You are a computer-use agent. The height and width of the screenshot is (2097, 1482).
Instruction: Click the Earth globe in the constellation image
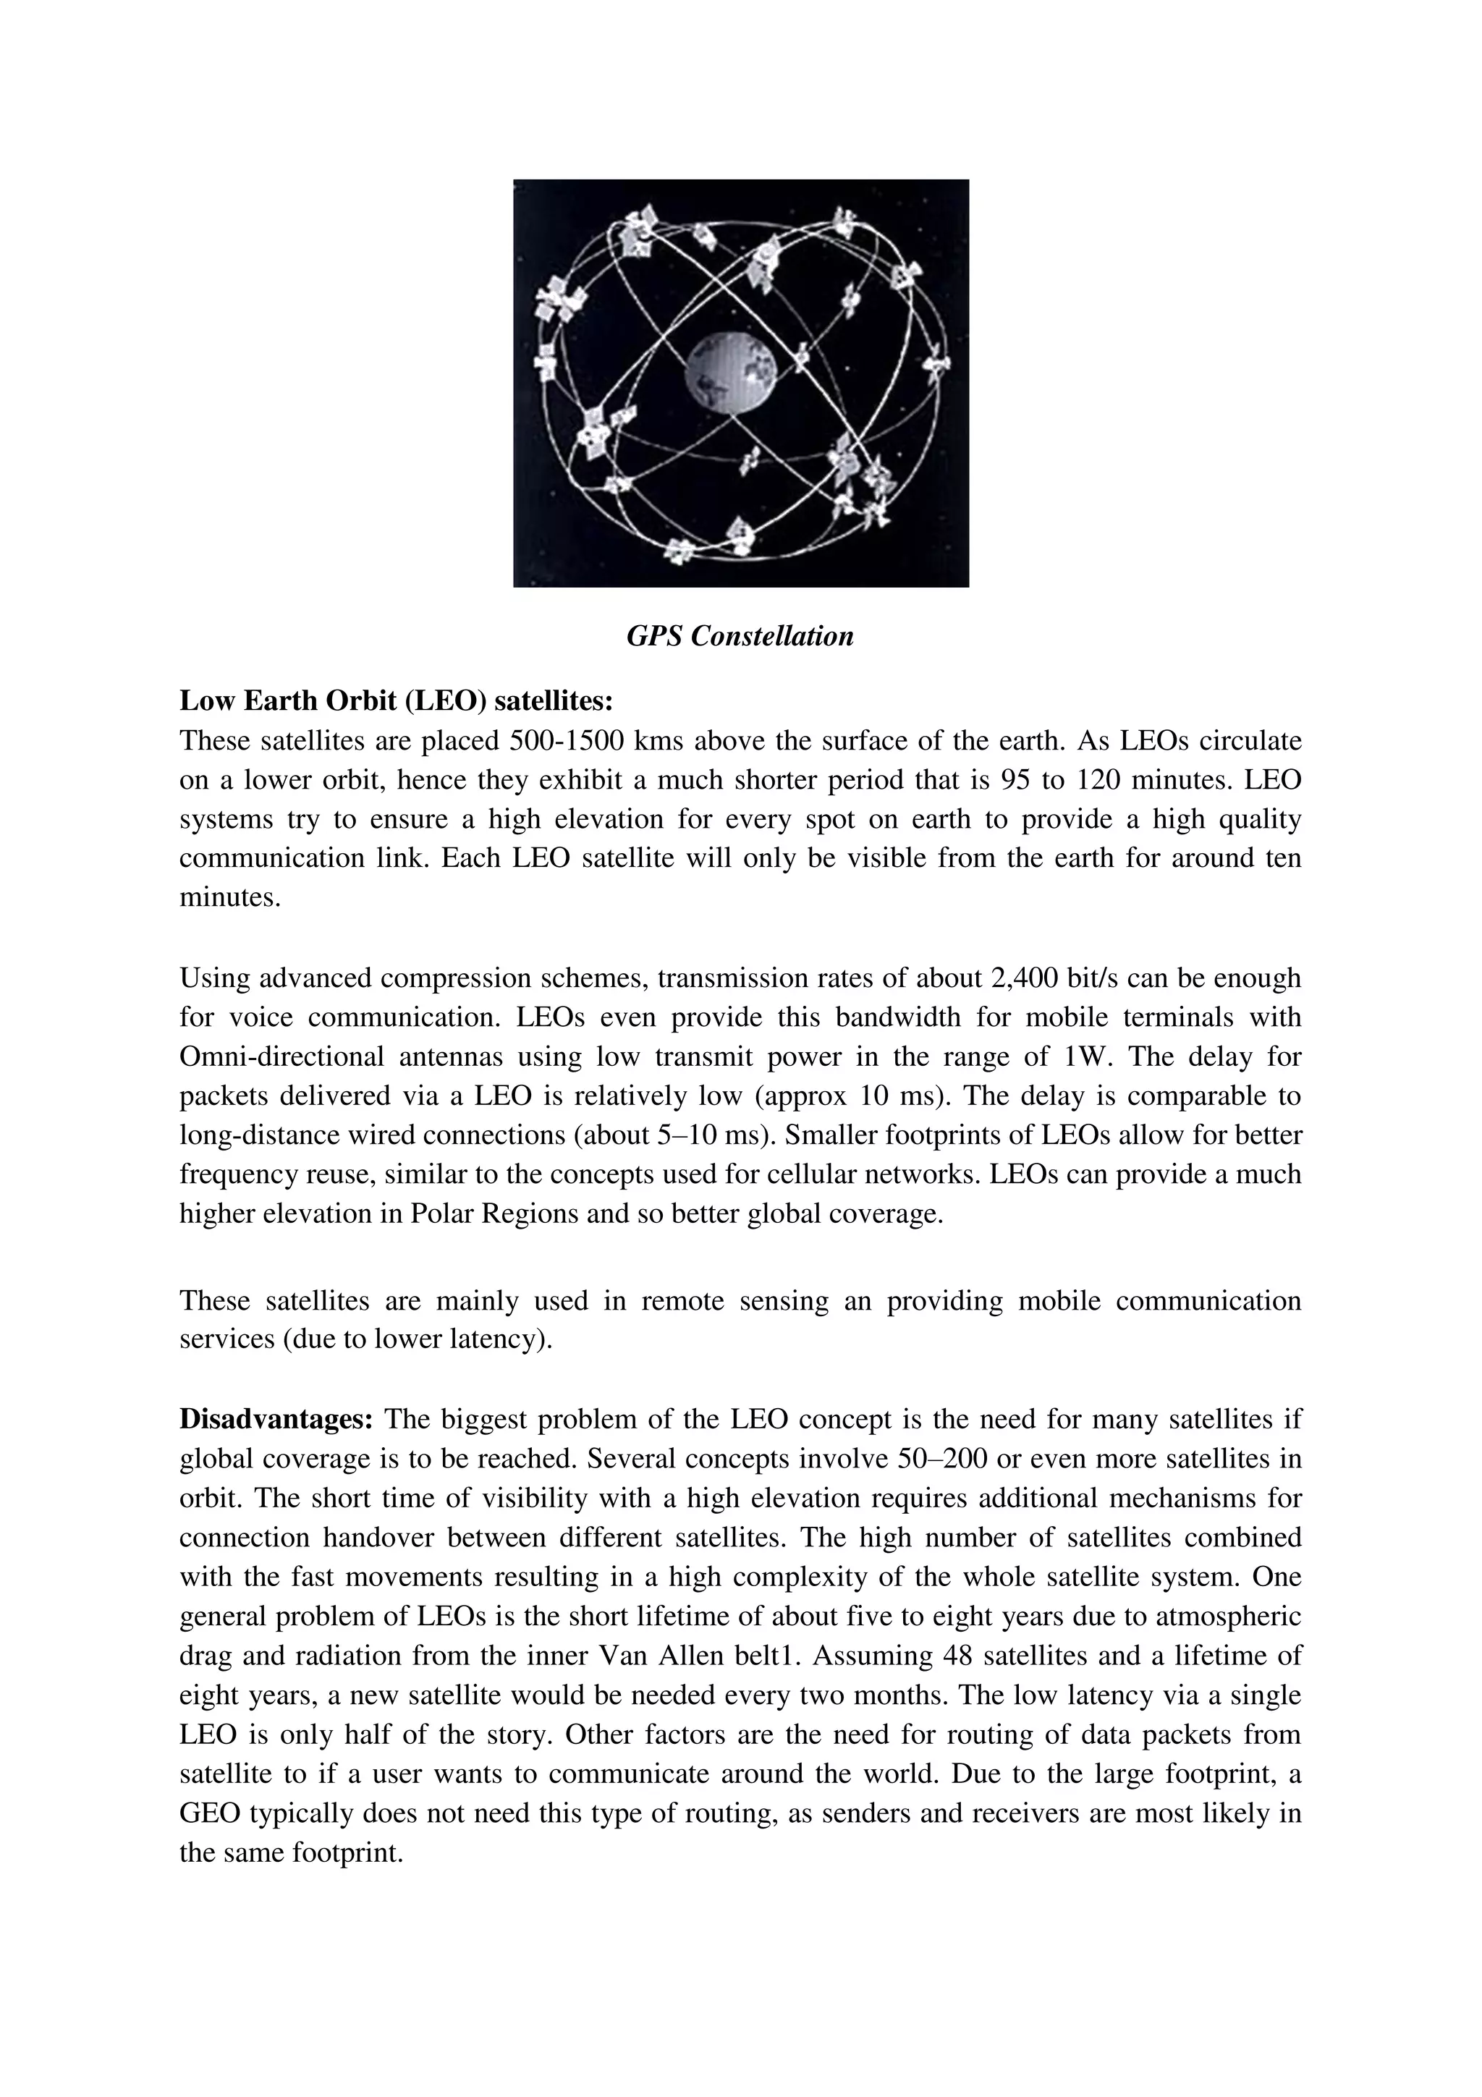click(x=732, y=373)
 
